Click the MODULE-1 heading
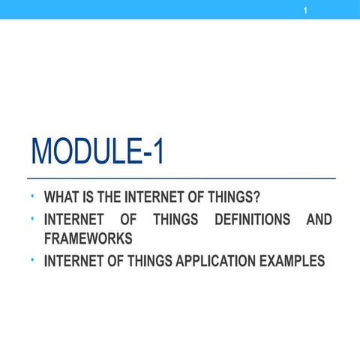(97, 155)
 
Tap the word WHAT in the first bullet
(62, 199)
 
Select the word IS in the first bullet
(89, 199)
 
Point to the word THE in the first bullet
(111, 199)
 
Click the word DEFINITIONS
(252, 220)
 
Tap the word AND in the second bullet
(319, 220)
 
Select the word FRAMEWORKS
(88, 238)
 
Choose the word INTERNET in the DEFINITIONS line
(73, 220)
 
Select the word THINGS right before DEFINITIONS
(176, 220)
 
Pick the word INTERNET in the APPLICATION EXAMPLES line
(73, 261)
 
